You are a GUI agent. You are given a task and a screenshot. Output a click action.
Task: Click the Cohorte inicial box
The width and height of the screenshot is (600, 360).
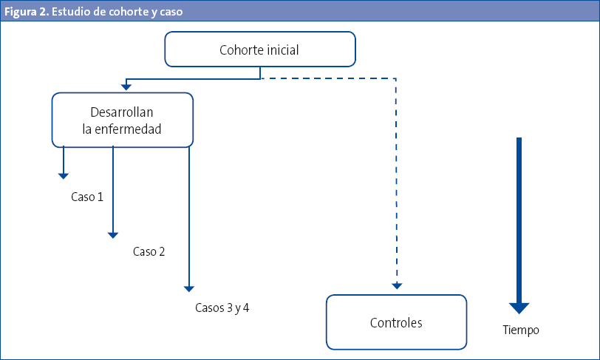(x=259, y=50)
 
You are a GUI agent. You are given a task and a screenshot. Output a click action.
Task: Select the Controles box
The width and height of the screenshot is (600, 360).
(x=396, y=322)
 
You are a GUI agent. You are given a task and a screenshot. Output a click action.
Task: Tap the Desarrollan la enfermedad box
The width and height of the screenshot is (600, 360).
(x=122, y=120)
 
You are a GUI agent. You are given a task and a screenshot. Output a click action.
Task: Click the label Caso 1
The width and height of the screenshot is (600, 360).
(x=87, y=197)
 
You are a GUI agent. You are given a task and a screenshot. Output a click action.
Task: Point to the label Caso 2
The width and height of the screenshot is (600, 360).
(x=149, y=251)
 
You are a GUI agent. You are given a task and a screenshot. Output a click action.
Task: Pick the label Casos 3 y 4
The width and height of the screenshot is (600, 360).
(x=222, y=307)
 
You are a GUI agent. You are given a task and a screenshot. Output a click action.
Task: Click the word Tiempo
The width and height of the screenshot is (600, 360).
(x=520, y=330)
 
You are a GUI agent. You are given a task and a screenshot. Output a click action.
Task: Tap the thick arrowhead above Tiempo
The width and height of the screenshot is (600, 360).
(x=519, y=308)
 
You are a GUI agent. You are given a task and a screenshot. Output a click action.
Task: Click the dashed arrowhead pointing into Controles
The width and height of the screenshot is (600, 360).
(x=397, y=285)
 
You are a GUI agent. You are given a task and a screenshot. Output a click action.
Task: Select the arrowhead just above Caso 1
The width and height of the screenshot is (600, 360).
(x=64, y=175)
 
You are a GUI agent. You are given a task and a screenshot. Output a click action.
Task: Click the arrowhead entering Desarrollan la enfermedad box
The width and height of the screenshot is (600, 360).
(x=127, y=87)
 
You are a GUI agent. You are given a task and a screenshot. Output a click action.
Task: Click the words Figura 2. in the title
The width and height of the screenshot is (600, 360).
(x=27, y=12)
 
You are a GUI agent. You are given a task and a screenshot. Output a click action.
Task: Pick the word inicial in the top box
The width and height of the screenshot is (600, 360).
(x=281, y=50)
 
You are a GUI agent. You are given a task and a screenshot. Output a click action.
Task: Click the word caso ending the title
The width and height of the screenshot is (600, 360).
(x=171, y=12)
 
